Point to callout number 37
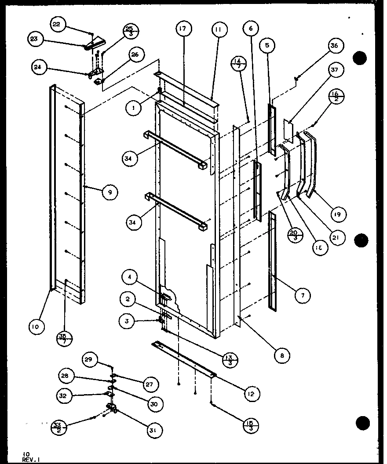(x=337, y=70)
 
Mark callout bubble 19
(x=339, y=214)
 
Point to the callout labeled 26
(x=135, y=54)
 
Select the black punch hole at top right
(x=360, y=58)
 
